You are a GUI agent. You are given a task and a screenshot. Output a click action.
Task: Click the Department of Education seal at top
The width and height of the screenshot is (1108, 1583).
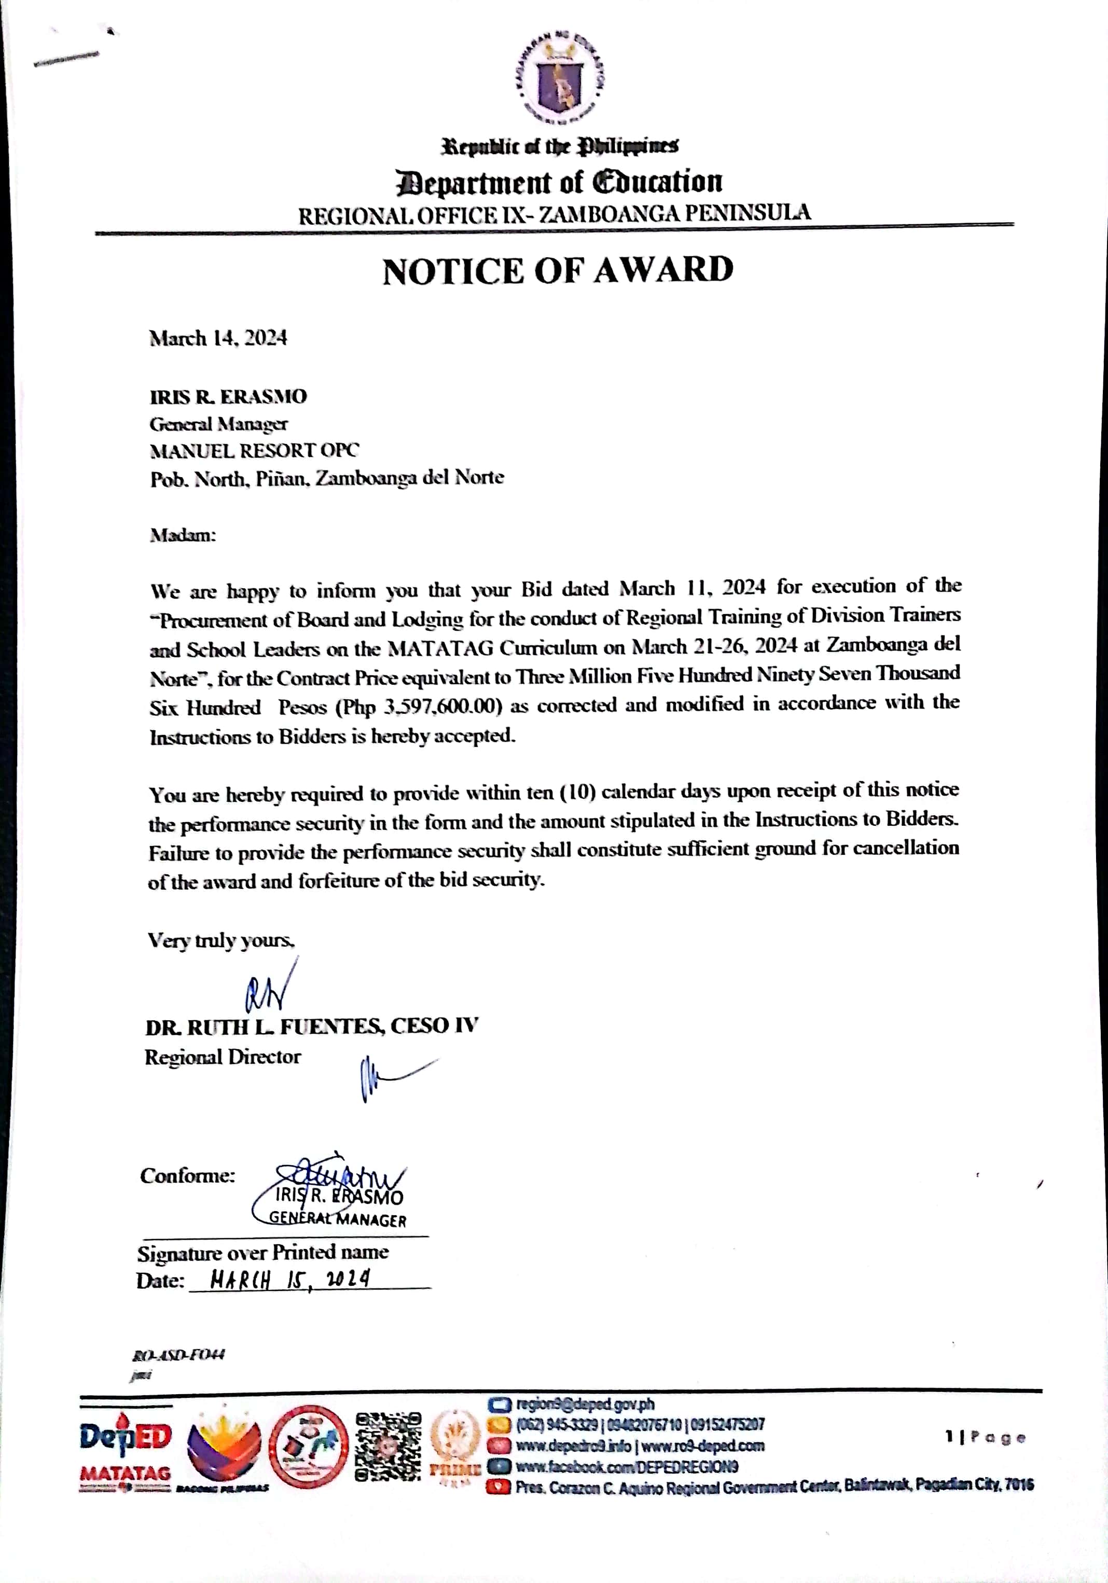[x=560, y=79]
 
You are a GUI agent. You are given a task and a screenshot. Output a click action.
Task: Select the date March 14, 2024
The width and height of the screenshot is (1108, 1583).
[x=218, y=338]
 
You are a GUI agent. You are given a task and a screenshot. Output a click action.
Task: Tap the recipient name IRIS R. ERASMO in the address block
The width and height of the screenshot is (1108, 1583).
[x=228, y=396]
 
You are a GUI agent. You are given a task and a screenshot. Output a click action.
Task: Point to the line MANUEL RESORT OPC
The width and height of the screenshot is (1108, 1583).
[x=254, y=450]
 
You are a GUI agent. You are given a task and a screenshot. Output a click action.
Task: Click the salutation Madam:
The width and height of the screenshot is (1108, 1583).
[x=183, y=535]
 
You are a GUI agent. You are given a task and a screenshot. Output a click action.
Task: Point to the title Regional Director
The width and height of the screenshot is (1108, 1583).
[x=223, y=1057]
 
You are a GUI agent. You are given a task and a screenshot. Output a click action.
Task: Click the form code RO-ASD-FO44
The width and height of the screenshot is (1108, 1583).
[x=178, y=1355]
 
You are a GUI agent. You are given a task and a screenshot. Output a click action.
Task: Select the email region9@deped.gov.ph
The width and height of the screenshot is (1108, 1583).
[x=585, y=1405]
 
